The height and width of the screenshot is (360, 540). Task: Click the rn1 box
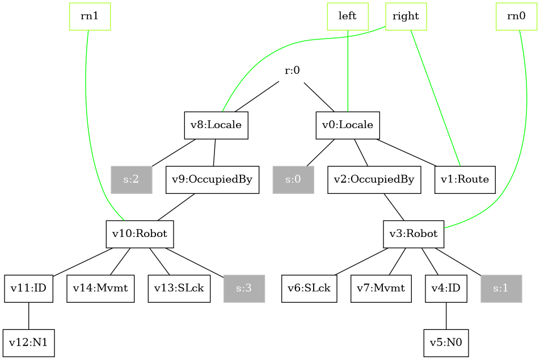pyautogui.click(x=90, y=16)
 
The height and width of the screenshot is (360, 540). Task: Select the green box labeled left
pyautogui.click(x=348, y=16)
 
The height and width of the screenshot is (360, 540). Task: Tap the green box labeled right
pyautogui.click(x=406, y=16)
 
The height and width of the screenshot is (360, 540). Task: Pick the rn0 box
pyautogui.click(x=516, y=16)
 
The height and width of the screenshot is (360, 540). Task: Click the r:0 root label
pyautogui.click(x=292, y=71)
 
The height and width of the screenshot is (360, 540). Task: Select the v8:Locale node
pyautogui.click(x=216, y=125)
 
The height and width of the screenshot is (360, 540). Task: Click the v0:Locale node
pyautogui.click(x=348, y=125)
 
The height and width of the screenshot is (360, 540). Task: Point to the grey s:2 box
pyautogui.click(x=132, y=180)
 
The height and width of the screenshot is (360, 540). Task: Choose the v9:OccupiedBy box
pyautogui.click(x=212, y=180)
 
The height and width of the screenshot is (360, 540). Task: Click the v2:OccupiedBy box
pyautogui.click(x=374, y=180)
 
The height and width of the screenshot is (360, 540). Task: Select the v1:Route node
pyautogui.click(x=465, y=180)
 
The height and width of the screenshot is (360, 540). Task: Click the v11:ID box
pyautogui.click(x=28, y=289)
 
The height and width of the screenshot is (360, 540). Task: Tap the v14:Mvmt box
pyautogui.click(x=100, y=289)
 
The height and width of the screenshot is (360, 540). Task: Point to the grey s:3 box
pyautogui.click(x=244, y=289)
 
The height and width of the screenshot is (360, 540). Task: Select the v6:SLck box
pyautogui.click(x=309, y=289)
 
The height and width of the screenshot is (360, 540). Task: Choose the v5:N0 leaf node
pyautogui.click(x=446, y=343)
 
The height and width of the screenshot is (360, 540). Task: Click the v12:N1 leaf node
pyautogui.click(x=28, y=343)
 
